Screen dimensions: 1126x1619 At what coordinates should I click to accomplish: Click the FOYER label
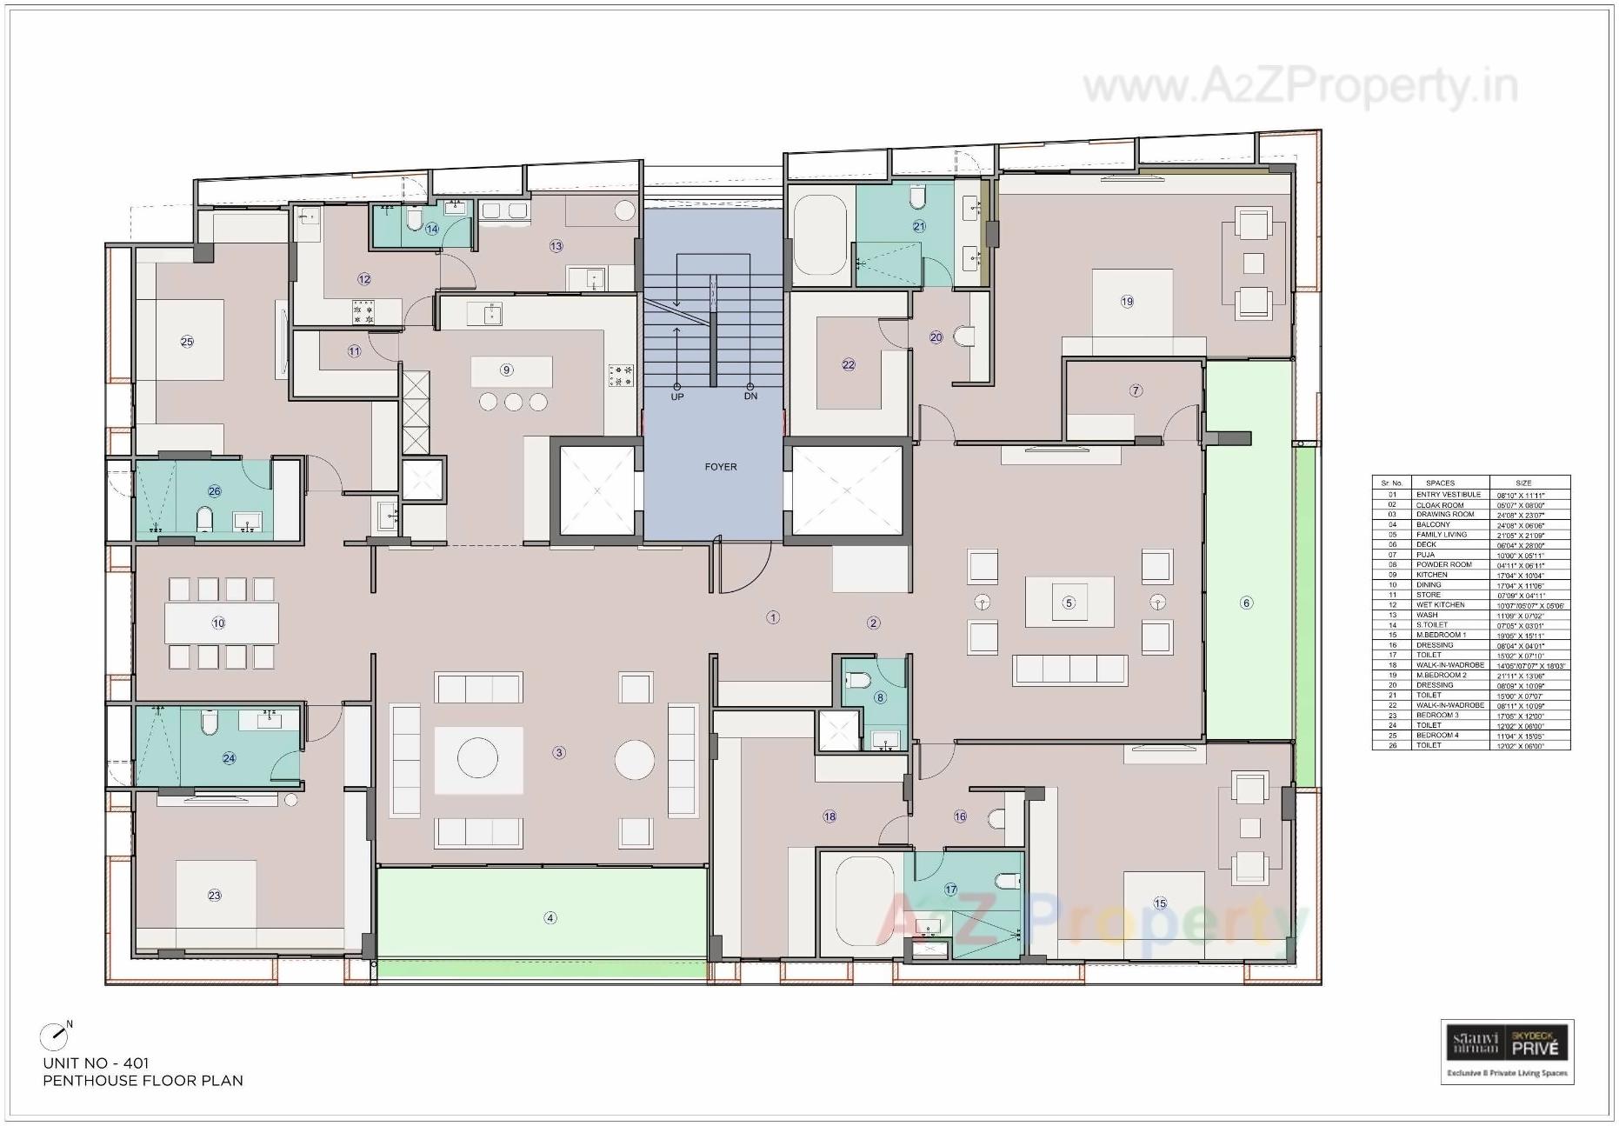(x=721, y=467)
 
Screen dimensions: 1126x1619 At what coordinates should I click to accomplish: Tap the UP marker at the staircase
(x=677, y=396)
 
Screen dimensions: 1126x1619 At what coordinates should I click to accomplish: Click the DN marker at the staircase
(x=750, y=396)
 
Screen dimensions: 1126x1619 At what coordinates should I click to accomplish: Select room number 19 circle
(x=1127, y=302)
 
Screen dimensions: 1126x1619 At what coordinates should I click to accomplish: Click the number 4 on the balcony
(x=550, y=917)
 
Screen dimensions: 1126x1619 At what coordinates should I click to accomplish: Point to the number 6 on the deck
(x=1246, y=603)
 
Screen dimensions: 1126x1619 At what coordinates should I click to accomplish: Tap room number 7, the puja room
(x=1136, y=390)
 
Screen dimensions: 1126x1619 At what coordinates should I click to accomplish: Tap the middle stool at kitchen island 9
(x=513, y=402)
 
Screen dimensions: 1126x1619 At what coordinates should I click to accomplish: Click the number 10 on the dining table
(x=218, y=623)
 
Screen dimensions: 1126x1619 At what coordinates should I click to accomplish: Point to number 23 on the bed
(x=215, y=895)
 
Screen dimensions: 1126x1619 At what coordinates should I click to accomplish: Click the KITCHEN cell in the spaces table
(x=1431, y=575)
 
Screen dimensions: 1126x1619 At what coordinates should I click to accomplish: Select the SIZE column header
(x=1522, y=483)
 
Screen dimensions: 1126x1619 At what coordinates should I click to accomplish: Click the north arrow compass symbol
(x=54, y=1036)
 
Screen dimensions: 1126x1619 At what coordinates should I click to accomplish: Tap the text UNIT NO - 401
(x=96, y=1063)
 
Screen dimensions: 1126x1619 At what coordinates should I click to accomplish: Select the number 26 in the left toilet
(x=214, y=491)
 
